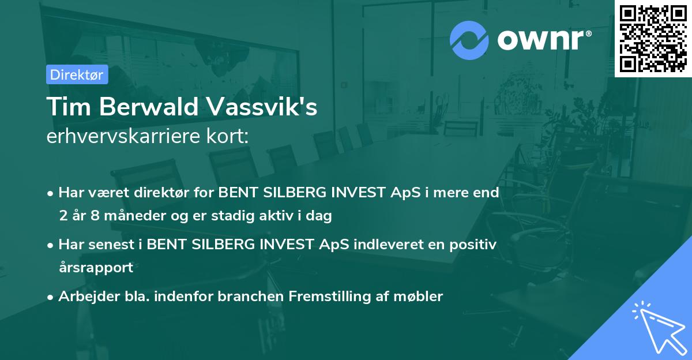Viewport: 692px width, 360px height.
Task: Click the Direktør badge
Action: coord(77,74)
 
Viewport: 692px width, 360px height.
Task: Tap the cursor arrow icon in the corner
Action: coord(657,325)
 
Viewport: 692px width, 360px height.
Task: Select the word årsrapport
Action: coord(96,268)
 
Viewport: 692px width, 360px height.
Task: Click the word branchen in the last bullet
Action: coord(255,297)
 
